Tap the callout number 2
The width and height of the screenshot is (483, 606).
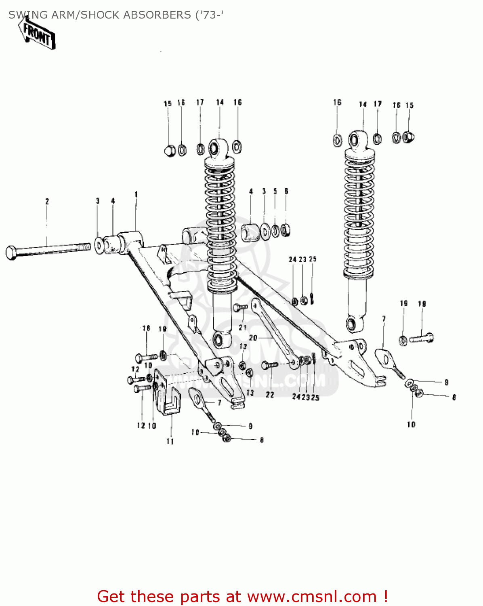pos(47,201)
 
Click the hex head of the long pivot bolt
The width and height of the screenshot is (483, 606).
pos(12,253)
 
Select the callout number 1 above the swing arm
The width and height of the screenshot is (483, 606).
pos(136,194)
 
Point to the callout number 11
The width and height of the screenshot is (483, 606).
pos(170,441)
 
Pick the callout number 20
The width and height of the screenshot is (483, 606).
pos(253,337)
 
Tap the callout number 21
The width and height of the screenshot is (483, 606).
pos(242,327)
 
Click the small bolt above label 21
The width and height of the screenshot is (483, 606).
pos(240,308)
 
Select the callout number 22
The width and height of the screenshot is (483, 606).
pos(270,394)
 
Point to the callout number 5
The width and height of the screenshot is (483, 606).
pos(275,191)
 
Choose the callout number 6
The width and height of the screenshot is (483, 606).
pos(286,191)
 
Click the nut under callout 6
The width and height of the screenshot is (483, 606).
pos(286,231)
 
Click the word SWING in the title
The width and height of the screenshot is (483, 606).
pos(23,15)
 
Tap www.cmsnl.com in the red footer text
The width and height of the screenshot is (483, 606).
pos(312,596)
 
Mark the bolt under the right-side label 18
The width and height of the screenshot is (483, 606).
pos(422,338)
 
